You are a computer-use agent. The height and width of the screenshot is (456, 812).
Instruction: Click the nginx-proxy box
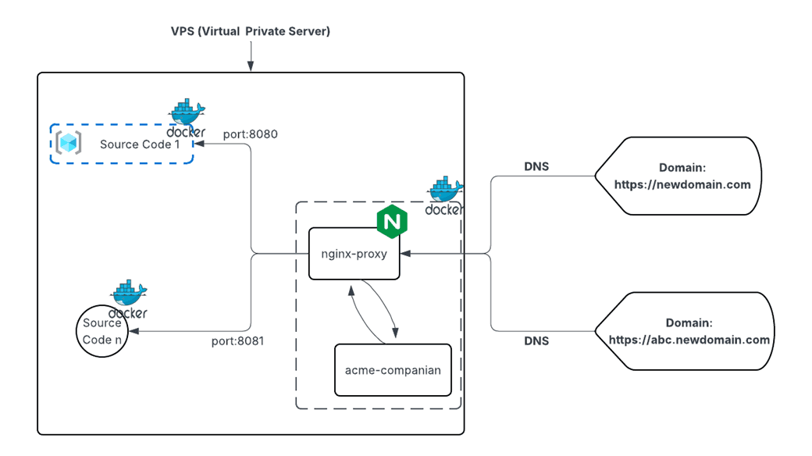354,253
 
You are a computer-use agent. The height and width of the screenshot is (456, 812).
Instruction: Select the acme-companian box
393,369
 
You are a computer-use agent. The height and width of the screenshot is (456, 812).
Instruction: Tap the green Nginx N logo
392,222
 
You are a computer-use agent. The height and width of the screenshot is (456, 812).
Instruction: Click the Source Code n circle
102,331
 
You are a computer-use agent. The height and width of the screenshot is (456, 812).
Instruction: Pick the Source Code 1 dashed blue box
122,144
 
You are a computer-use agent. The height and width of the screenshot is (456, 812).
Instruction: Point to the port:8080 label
251,134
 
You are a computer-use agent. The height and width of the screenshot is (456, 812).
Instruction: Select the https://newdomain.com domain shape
677,176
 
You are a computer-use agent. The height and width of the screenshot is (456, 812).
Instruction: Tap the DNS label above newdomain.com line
536,166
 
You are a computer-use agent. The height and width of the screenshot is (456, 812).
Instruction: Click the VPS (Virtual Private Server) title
251,31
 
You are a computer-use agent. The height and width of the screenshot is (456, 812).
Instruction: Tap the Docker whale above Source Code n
129,299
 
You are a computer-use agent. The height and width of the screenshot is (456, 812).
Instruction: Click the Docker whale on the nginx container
444,195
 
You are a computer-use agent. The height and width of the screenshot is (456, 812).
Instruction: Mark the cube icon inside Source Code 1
68,144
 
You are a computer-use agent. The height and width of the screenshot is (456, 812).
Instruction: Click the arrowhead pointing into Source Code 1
198,144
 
